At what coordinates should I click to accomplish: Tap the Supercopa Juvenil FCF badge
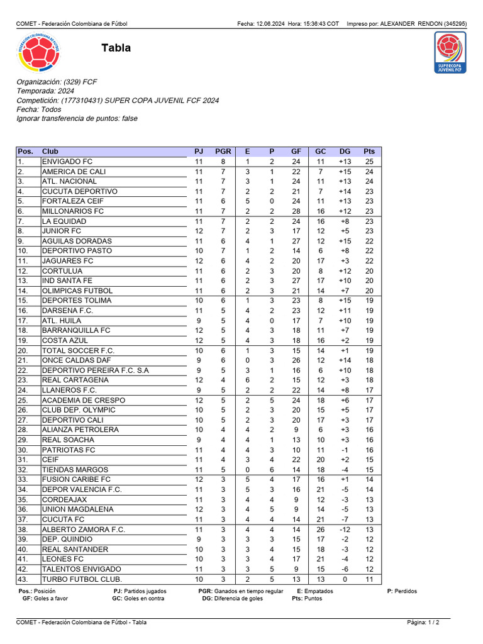click(x=450, y=53)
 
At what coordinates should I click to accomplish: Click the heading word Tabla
click(x=116, y=48)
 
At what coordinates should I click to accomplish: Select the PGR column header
click(x=223, y=152)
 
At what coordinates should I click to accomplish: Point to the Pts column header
click(x=369, y=152)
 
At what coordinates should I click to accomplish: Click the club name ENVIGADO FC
click(x=67, y=162)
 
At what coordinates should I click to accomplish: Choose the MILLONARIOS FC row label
click(x=73, y=211)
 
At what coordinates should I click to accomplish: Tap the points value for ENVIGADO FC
click(x=369, y=162)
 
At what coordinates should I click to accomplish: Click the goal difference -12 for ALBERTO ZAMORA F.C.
click(x=345, y=530)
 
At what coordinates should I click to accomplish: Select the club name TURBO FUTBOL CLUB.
click(x=82, y=579)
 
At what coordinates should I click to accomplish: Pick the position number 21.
click(x=23, y=360)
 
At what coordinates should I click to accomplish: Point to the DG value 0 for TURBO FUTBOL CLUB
click(x=345, y=579)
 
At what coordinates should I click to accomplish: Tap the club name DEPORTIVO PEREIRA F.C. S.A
click(x=96, y=370)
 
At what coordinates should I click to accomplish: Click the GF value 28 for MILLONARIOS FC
click(x=296, y=211)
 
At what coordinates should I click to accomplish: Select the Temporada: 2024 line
click(x=45, y=91)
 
